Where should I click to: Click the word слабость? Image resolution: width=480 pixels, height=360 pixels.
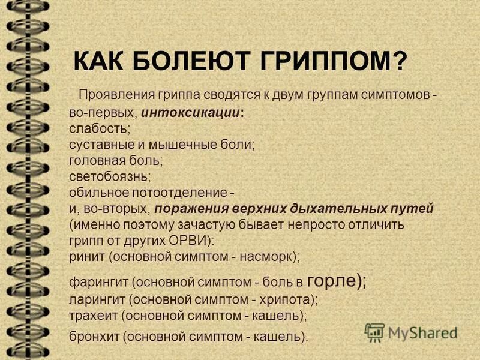coord(98,128)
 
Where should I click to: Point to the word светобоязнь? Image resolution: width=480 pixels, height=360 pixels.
coord(110,176)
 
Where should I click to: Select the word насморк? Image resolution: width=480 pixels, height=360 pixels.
coord(266,256)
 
